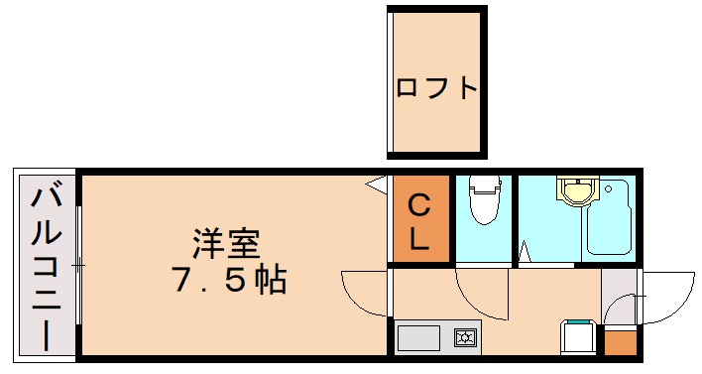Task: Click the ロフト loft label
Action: (436, 87)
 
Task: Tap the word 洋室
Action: (226, 243)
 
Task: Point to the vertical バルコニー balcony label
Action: (46, 268)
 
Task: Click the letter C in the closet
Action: (419, 207)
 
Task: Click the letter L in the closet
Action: (419, 239)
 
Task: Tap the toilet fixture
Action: (484, 200)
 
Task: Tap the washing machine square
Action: (578, 337)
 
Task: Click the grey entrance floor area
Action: (619, 298)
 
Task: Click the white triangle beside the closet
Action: (377, 184)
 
